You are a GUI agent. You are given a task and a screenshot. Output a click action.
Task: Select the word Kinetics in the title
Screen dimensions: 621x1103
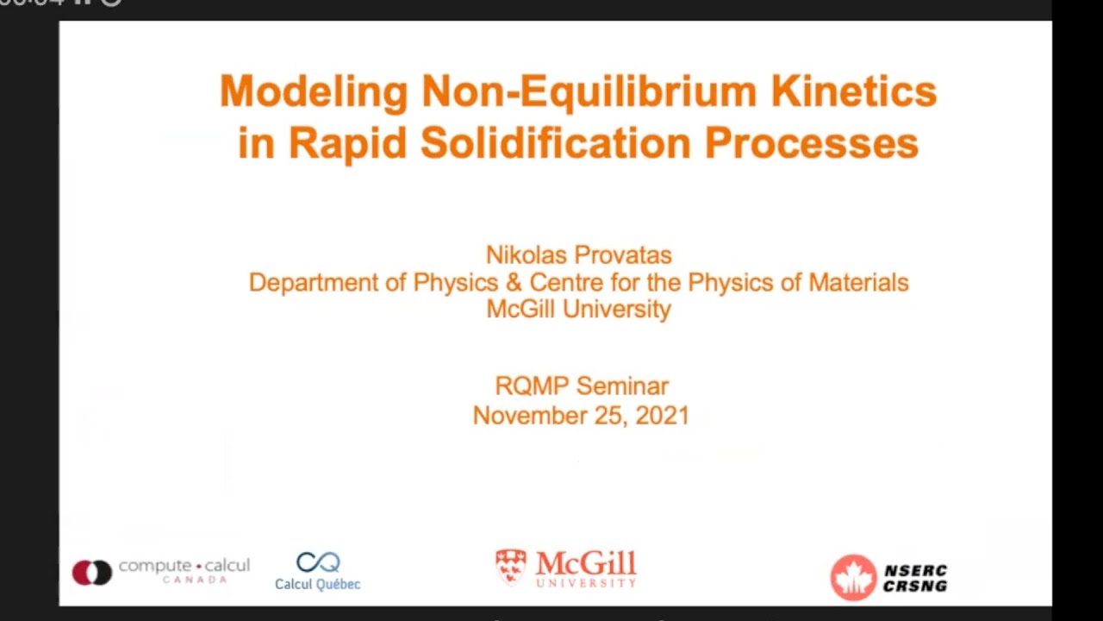pos(854,91)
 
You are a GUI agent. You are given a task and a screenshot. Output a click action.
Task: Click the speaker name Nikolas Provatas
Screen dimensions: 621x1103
pos(578,255)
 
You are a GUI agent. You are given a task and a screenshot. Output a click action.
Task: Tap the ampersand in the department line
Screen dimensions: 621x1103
pos(514,282)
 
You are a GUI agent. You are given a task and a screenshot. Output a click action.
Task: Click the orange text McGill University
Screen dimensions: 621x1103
pos(578,309)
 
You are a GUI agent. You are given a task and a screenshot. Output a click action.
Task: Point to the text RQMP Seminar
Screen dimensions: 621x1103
pos(582,386)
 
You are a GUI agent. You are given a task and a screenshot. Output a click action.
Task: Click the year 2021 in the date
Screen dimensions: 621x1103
pos(662,415)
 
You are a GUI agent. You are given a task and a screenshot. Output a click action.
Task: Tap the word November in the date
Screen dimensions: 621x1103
pos(525,415)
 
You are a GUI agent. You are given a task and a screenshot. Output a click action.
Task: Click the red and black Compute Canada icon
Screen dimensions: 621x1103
pos(92,572)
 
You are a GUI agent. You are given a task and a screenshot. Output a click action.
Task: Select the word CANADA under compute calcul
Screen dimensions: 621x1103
pos(195,580)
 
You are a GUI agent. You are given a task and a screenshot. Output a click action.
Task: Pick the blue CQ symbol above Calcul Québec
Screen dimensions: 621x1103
pos(318,562)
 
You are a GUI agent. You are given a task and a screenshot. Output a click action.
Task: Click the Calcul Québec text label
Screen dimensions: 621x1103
pos(317,584)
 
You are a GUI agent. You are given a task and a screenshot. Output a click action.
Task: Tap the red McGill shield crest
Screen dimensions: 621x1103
pos(511,568)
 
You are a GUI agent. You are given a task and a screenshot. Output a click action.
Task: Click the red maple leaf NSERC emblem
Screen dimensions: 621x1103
pos(853,577)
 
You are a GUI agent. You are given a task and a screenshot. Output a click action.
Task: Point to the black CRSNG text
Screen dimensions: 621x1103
pos(915,586)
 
